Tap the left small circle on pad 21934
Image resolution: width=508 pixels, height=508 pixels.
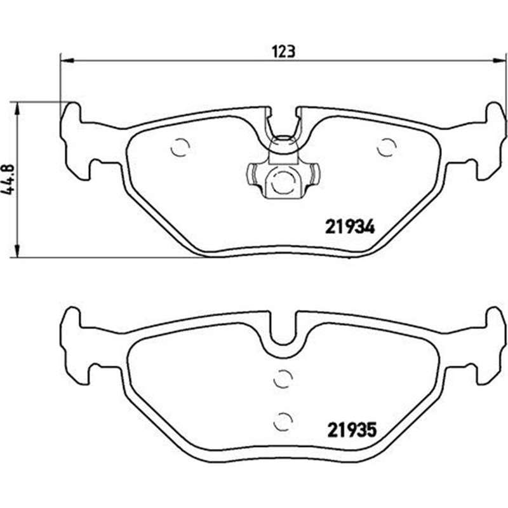[x=180, y=147]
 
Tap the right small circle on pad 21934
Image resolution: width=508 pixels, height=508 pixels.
[x=385, y=147]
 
